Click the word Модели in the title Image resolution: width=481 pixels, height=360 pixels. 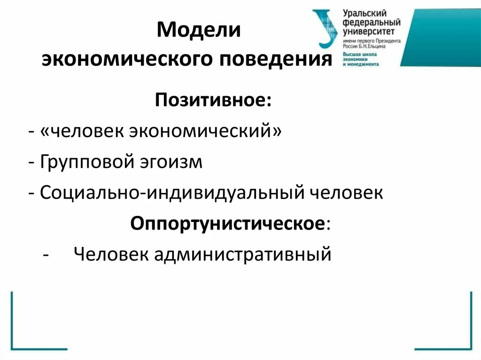click(199, 31)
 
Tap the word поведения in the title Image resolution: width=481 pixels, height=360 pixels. click(277, 60)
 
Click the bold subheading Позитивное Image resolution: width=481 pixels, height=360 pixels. click(213, 100)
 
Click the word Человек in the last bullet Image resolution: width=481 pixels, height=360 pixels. click(111, 254)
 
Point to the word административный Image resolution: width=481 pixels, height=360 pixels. click(242, 254)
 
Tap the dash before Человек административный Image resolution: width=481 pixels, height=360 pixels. click(45, 255)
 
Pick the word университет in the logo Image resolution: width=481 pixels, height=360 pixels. click(368, 31)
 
